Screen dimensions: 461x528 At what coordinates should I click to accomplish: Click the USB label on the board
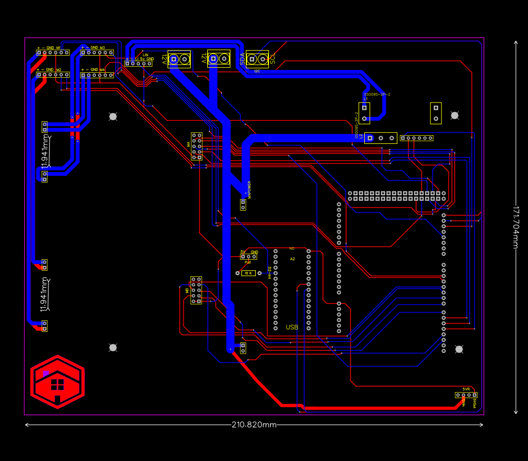pos(292,327)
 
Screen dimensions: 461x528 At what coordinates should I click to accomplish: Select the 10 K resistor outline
pos(248,273)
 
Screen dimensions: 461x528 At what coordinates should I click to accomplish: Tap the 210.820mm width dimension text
pos(254,425)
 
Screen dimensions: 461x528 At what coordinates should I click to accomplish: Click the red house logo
pos(57,382)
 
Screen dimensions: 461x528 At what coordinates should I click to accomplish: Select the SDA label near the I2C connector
pos(243,59)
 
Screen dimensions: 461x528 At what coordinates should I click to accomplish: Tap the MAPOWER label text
pos(249,189)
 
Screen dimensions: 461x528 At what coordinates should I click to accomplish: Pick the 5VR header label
pos(466,389)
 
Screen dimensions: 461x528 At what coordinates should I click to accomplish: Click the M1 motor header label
pos(58,48)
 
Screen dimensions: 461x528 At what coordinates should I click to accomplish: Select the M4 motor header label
pos(102,70)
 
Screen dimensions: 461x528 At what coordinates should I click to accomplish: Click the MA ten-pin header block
pos(197,146)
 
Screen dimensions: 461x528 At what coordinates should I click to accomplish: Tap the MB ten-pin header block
pos(196,291)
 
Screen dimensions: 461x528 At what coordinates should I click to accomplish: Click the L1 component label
pos(365,99)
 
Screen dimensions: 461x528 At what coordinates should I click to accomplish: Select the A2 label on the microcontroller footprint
pos(293,259)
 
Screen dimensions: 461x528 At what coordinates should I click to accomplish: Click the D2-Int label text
pos(270,273)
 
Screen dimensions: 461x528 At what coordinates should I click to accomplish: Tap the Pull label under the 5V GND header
pos(248,262)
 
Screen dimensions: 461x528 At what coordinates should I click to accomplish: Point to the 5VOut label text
pos(475,403)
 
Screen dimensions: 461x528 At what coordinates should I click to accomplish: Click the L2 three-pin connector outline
pos(380,138)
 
